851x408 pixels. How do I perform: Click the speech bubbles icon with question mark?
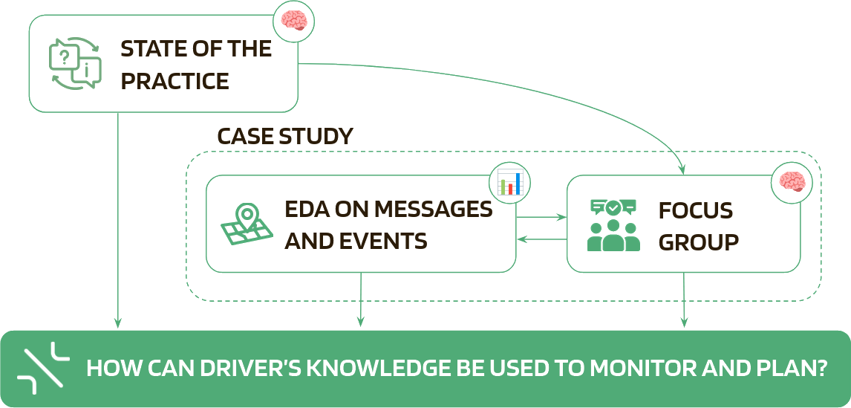tap(74, 65)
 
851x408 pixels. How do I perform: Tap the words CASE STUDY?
tap(284, 137)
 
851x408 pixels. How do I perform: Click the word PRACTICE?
tap(175, 81)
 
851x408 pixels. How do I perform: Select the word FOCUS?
tap(696, 210)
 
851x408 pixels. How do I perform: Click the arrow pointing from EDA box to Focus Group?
tap(541, 218)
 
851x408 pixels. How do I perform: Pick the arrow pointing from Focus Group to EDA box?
tap(541, 239)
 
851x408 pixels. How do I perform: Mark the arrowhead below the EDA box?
tap(362, 321)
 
